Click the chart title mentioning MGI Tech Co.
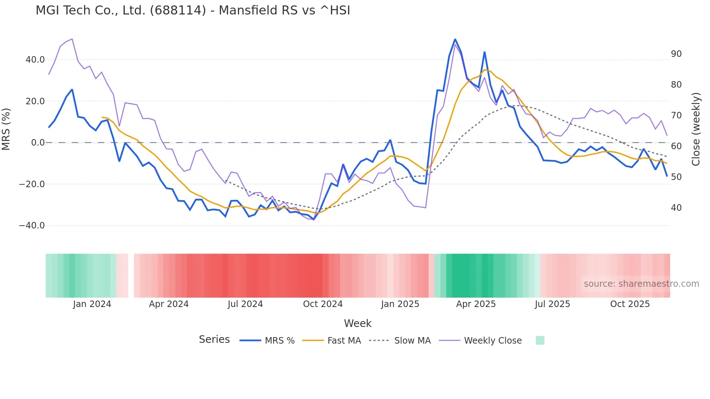pos(193,10)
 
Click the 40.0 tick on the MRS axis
pos(35,60)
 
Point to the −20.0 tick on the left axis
pos(32,184)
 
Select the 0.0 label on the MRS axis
pos(38,143)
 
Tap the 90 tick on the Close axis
pos(676,54)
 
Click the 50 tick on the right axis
pos(676,177)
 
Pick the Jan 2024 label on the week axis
pos(92,304)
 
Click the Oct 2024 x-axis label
pos(323,304)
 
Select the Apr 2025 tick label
pos(476,304)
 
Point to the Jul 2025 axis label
pos(552,304)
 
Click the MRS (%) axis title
pos(6,129)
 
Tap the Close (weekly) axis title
pos(696,129)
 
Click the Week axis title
pos(358,323)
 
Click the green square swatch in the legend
pos(540,340)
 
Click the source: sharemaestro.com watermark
pos(641,284)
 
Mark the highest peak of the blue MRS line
pos(455,39)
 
